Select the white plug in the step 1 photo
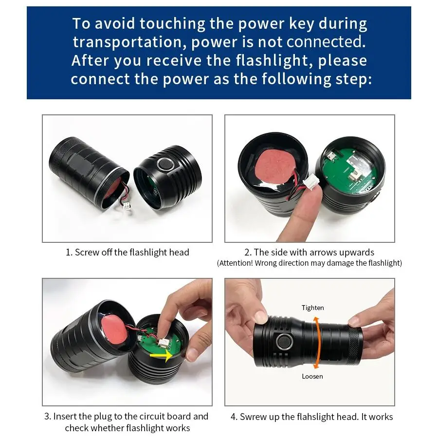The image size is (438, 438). coord(127,206)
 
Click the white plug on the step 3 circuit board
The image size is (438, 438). coord(162,342)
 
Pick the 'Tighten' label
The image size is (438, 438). coord(312,308)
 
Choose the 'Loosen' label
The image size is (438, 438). coord(312,376)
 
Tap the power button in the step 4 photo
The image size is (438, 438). coord(284,342)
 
